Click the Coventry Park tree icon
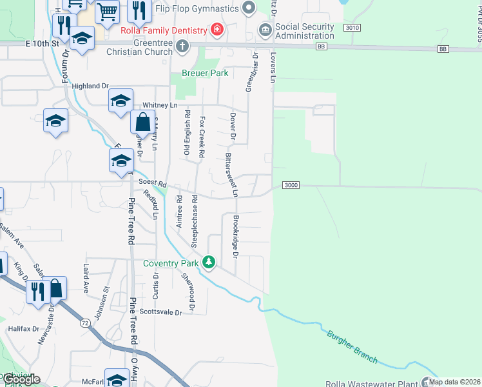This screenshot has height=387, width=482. click(x=208, y=263)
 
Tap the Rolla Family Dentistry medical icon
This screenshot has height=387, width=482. click(x=217, y=30)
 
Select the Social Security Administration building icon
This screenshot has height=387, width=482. click(x=265, y=30)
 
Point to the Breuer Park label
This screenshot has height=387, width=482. click(x=205, y=74)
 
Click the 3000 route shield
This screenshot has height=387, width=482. click(x=291, y=186)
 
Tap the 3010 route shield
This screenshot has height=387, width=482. click(x=352, y=28)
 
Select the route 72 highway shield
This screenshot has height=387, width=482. click(x=85, y=322)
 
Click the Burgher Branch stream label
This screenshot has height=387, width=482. click(x=352, y=346)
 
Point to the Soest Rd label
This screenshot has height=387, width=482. click(x=153, y=184)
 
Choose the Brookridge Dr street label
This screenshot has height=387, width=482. click(x=236, y=237)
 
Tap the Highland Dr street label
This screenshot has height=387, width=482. click(x=91, y=86)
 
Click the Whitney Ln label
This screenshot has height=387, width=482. click(x=160, y=105)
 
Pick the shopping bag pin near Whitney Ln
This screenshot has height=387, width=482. click(x=142, y=122)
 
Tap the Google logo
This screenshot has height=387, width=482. click(x=21, y=379)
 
